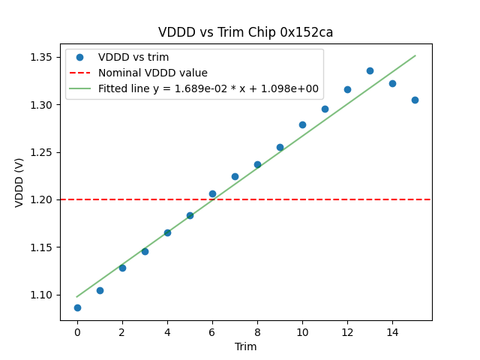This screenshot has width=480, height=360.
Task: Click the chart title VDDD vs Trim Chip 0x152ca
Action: (x=245, y=32)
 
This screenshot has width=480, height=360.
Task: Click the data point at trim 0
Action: (x=77, y=307)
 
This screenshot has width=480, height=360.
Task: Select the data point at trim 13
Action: (x=370, y=70)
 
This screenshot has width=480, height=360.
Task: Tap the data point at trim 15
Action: (x=415, y=100)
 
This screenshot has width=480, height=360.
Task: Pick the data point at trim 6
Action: (x=212, y=193)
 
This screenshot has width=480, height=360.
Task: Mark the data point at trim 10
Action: (x=302, y=124)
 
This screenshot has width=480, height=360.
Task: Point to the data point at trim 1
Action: (x=100, y=290)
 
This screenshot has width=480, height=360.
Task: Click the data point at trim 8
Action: (x=257, y=164)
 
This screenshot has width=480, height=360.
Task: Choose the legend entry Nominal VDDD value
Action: (x=152, y=73)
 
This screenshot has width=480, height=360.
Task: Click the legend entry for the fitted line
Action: (x=208, y=88)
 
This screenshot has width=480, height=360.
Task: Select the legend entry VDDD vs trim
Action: (x=133, y=57)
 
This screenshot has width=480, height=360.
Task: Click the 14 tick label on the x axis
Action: (x=392, y=332)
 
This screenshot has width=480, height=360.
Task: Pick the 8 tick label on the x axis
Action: (x=257, y=332)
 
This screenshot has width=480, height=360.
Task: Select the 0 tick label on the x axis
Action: (x=77, y=332)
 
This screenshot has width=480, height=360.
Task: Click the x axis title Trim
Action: (x=245, y=346)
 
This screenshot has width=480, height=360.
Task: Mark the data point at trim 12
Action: (x=347, y=89)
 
